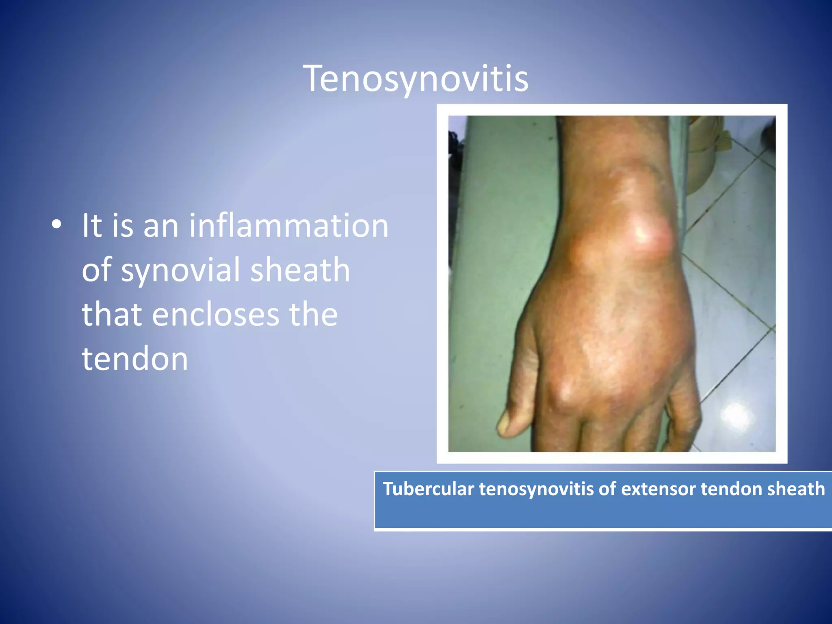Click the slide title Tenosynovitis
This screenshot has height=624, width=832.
(416, 79)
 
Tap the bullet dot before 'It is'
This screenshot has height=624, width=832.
(57, 224)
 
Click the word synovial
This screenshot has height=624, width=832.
(181, 270)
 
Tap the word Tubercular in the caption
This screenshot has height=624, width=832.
(428, 489)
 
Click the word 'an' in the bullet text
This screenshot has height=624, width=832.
(161, 226)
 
